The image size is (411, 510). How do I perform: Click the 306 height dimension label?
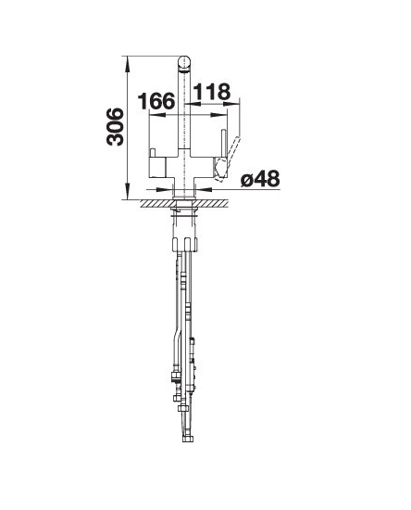pos(115,126)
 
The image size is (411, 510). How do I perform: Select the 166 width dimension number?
pos(156,101)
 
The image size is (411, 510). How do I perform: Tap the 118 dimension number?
pos(212,92)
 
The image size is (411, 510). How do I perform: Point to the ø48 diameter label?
pos(260,178)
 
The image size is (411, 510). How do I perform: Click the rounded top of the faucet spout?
pos(184,62)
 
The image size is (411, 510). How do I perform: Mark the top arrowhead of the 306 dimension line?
pos(128,64)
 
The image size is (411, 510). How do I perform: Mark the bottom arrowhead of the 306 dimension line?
pos(128,191)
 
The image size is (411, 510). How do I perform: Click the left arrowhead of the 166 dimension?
pos(157,115)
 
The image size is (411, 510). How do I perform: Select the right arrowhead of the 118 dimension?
pos(231,104)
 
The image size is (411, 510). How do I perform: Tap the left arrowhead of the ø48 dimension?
pos(164,189)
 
